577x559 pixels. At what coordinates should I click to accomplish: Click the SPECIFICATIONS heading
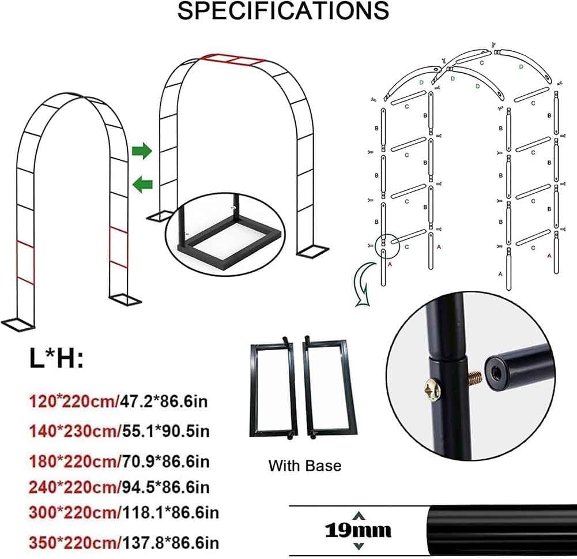click(282, 12)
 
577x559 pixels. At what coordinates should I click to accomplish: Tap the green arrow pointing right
click(141, 152)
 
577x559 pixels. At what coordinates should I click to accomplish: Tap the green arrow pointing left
click(142, 184)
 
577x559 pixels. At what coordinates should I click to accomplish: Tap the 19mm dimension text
click(358, 530)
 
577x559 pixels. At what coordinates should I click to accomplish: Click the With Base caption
click(305, 465)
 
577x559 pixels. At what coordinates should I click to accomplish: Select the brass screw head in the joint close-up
click(432, 391)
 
